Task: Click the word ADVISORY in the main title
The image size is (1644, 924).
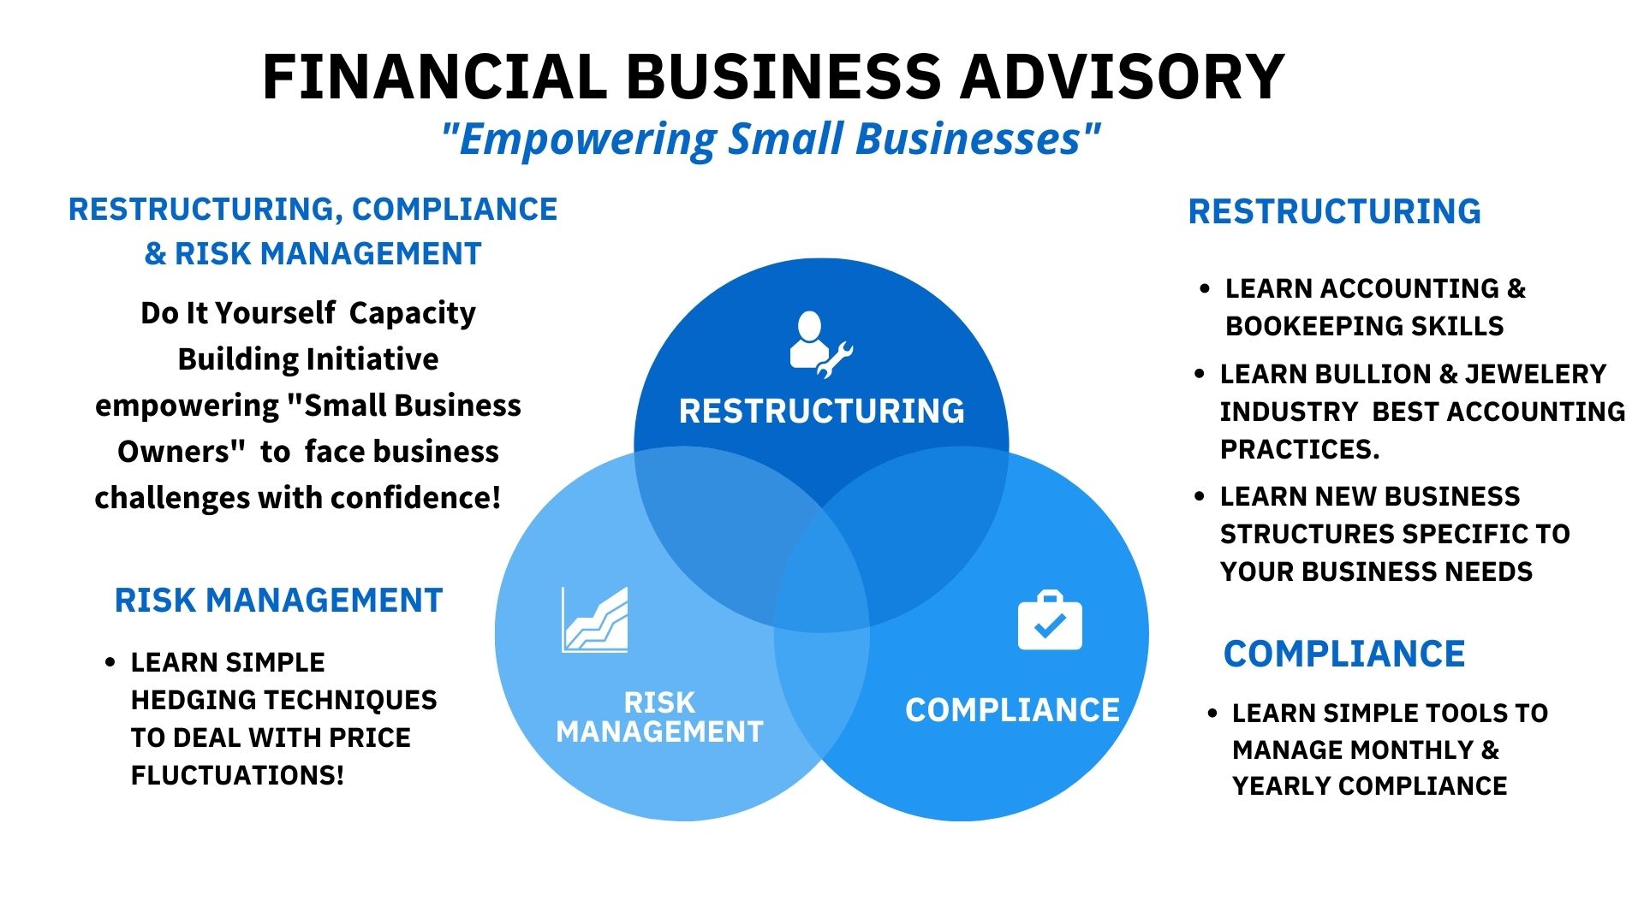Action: click(1122, 76)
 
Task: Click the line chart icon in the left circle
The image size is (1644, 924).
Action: click(595, 619)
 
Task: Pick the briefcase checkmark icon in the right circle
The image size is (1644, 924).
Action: click(1050, 620)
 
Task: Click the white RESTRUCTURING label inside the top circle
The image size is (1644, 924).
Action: click(822, 412)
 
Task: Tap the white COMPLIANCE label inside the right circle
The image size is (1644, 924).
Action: click(1012, 710)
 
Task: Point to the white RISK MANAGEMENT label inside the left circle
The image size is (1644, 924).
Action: click(659, 717)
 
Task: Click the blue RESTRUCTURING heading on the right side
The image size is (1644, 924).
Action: click(1335, 211)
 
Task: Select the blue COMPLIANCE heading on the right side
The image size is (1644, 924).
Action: click(1344, 654)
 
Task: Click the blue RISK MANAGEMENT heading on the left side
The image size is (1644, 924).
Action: click(278, 601)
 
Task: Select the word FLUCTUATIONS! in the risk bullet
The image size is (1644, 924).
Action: click(237, 775)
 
